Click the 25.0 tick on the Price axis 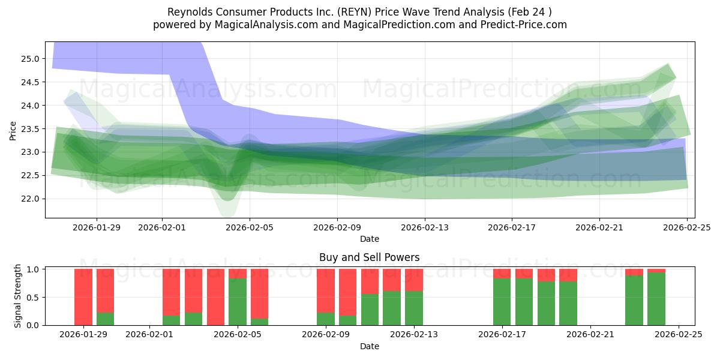pyautogui.click(x=31, y=59)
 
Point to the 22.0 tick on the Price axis pyautogui.click(x=31, y=199)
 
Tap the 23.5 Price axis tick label pyautogui.click(x=31, y=129)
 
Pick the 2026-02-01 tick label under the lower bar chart pyautogui.click(x=149, y=335)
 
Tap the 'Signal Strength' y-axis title pyautogui.click(x=18, y=296)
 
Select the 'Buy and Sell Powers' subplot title pyautogui.click(x=370, y=257)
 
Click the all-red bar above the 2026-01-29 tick pyautogui.click(x=83, y=297)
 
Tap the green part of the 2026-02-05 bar pyautogui.click(x=238, y=302)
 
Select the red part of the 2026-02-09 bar pyautogui.click(x=326, y=290)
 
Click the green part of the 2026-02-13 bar pyautogui.click(x=414, y=308)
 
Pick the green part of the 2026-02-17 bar pyautogui.click(x=502, y=302)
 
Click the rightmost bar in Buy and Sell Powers pyautogui.click(x=656, y=299)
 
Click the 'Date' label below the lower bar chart pyautogui.click(x=370, y=346)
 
